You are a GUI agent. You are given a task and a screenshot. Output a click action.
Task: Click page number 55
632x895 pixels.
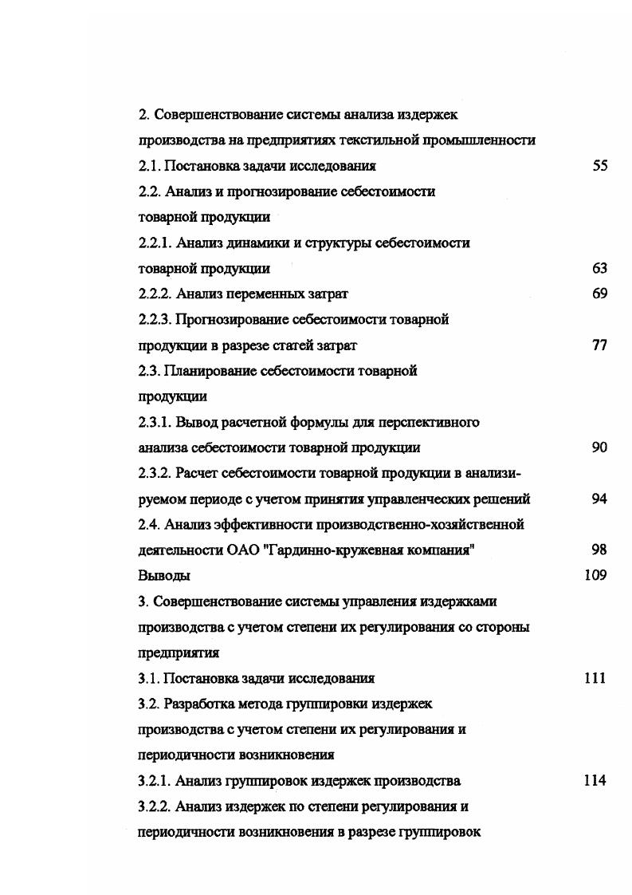coord(600,166)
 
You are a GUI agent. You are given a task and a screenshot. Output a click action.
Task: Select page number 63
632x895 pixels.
coord(600,269)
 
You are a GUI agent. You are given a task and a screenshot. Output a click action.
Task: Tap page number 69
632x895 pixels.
coord(600,294)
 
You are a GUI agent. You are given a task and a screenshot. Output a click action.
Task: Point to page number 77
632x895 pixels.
coord(600,345)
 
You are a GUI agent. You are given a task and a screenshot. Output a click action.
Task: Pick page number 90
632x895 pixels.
coord(600,447)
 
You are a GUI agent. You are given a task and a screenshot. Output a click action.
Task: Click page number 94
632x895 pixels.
coord(600,499)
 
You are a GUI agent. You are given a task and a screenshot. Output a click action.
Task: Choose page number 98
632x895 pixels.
coord(600,550)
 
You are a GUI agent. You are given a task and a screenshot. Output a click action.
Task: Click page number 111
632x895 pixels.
coord(595,678)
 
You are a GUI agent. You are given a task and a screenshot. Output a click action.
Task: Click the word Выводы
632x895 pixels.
coord(164,575)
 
